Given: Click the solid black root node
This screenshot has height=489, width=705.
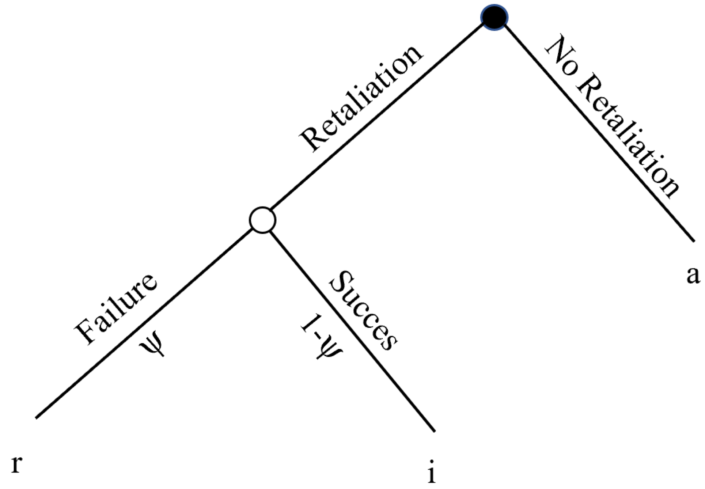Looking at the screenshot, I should [x=494, y=17].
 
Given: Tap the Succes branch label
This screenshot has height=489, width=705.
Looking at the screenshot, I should [x=363, y=311].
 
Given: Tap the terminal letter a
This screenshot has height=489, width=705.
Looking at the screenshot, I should [x=693, y=275].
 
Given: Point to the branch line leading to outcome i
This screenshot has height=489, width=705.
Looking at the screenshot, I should [x=351, y=329].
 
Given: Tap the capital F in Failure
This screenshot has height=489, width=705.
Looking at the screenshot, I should [x=85, y=334].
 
